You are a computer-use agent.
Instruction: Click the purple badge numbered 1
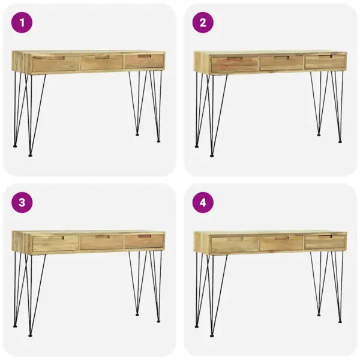22,23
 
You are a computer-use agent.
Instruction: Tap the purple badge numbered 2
203,23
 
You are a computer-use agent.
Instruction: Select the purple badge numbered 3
22,202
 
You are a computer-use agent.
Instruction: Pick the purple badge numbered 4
203,202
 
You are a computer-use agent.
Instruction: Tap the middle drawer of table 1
101,62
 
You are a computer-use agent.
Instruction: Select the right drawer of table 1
144,61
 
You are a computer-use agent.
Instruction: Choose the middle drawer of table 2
281,63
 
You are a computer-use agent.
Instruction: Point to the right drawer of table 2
325,62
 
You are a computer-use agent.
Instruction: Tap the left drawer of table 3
55,243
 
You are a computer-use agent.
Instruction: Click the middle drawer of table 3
101,242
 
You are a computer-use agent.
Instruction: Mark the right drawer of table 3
144,241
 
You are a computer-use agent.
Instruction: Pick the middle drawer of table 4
281,243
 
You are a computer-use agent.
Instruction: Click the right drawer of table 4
325,242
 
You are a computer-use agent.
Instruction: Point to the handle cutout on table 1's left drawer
56,59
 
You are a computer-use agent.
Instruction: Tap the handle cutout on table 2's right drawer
325,58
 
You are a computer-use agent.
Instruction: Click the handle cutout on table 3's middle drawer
102,237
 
